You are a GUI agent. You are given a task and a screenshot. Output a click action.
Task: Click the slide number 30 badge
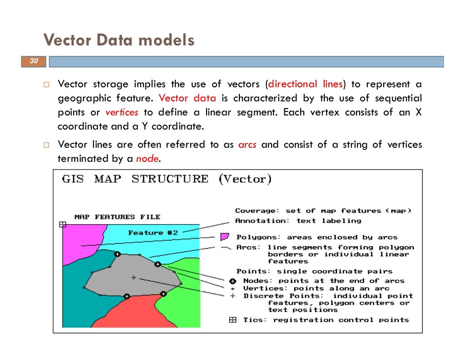coord(33,61)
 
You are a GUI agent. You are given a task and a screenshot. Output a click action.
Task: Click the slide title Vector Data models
coord(119,40)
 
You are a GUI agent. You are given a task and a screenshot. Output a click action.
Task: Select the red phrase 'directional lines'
coord(306,84)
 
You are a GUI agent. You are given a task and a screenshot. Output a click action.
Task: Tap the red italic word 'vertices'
coord(121,112)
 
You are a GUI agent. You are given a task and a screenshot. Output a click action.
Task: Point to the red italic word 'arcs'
coord(247,145)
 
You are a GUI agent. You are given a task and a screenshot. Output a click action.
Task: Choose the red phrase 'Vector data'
coord(188,98)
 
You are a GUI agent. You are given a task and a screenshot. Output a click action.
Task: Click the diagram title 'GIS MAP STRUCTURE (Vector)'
coord(167,179)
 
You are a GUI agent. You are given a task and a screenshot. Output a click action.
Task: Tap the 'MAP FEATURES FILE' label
coord(117,217)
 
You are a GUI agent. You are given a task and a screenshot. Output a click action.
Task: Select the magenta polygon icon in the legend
coord(224,237)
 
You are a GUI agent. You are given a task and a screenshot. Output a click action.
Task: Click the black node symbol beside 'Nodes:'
coord(232,281)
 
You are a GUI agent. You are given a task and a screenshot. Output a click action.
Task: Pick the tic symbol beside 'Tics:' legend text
coord(232,320)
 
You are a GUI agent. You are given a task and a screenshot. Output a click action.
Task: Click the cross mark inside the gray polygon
coord(134,277)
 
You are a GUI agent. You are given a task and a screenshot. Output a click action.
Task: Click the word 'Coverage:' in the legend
coord(255,211)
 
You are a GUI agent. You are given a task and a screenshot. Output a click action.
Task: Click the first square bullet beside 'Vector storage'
coord(46,85)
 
